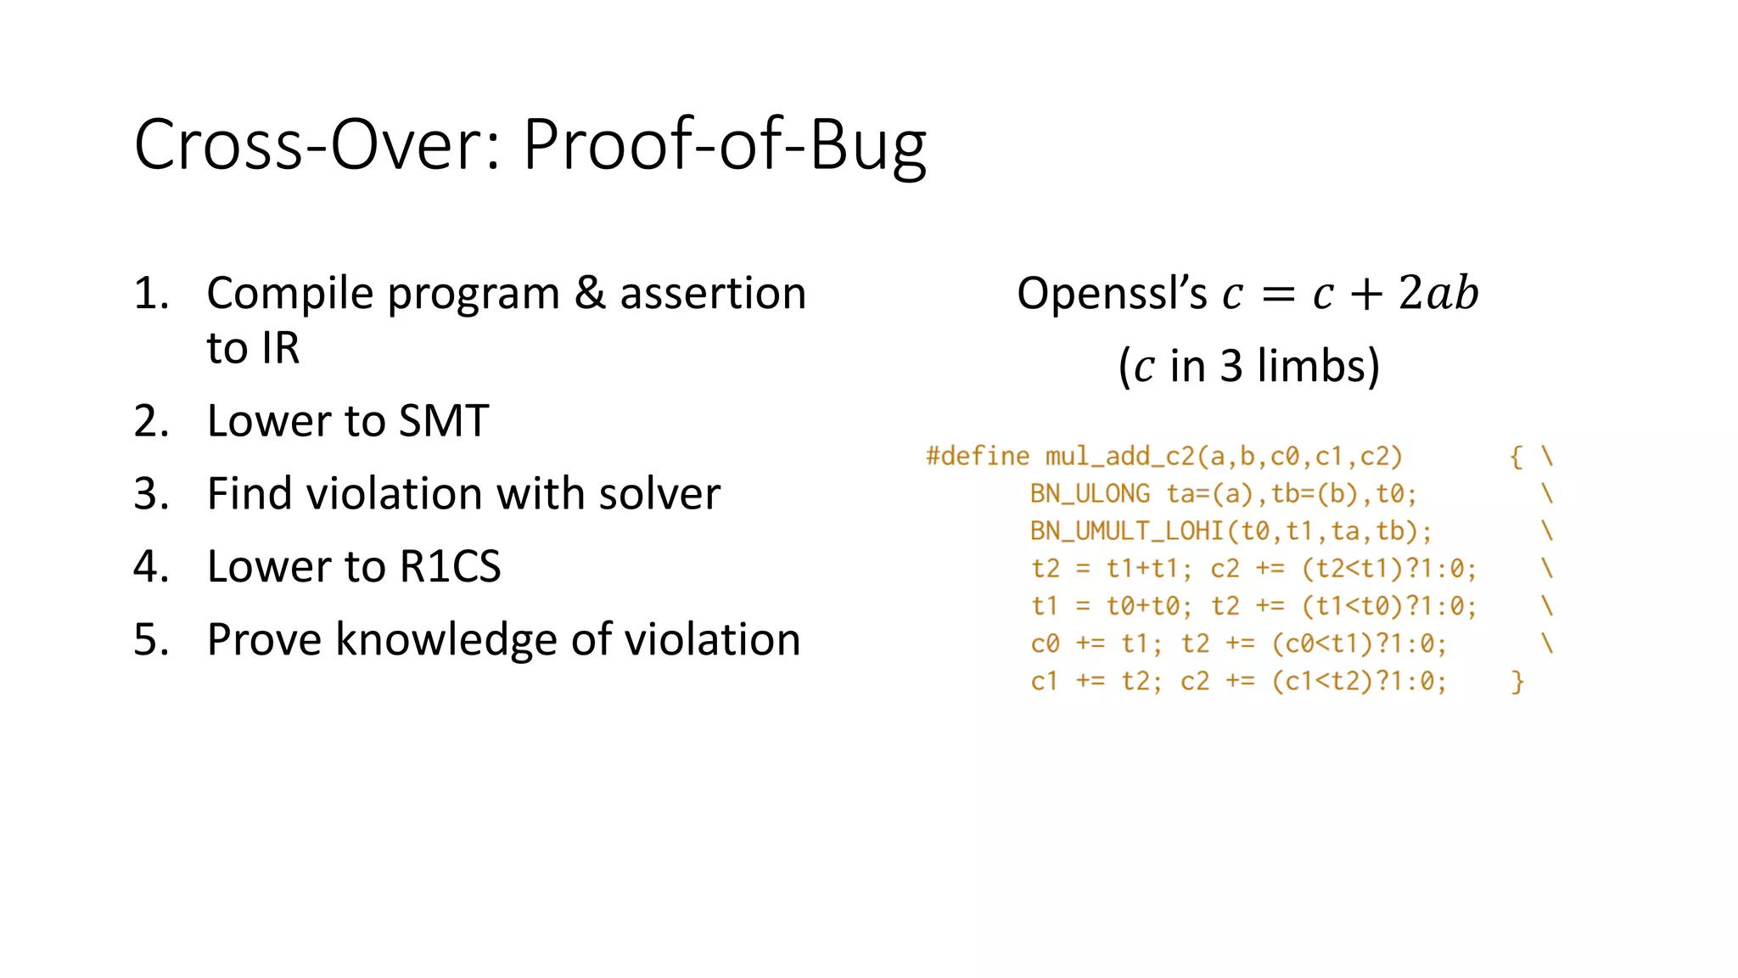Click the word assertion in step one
713,294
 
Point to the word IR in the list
280,348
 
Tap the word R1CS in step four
450,567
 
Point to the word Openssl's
1112,294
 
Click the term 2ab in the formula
1438,294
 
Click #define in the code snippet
978,457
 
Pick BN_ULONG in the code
1090,494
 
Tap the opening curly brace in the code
1517,457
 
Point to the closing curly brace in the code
1517,681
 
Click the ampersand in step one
589,294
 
